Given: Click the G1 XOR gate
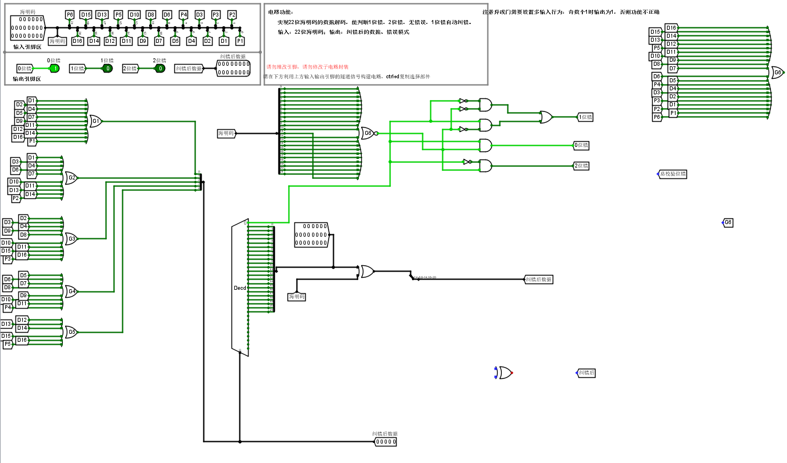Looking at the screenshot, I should coord(95,121).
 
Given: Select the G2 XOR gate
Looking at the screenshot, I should coord(71,178).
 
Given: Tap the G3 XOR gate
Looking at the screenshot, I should coord(71,238).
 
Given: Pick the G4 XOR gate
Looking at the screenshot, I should coord(71,292).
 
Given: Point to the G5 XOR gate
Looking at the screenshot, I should coord(71,332).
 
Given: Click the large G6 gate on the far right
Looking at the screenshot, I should coord(776,73).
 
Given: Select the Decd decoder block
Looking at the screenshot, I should coord(240,288).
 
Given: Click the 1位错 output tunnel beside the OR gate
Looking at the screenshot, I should coord(585,117).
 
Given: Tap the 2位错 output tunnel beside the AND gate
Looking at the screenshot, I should coord(581,166).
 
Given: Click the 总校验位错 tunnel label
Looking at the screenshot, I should coord(673,174).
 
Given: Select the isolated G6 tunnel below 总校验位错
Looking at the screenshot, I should coord(728,222).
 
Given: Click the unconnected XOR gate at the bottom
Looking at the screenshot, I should coord(505,373).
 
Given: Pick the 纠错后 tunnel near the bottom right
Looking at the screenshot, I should coord(587,373).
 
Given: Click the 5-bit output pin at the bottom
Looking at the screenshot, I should coord(385,442).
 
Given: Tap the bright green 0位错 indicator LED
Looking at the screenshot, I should coord(54,69).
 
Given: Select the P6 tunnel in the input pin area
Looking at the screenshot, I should coord(70,15).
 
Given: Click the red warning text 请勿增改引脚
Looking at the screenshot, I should coord(284,67).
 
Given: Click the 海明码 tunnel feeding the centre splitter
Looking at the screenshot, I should coord(226,133).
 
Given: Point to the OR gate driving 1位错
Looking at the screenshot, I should coord(546,117).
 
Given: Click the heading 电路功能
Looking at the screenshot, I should coord(280,11).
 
